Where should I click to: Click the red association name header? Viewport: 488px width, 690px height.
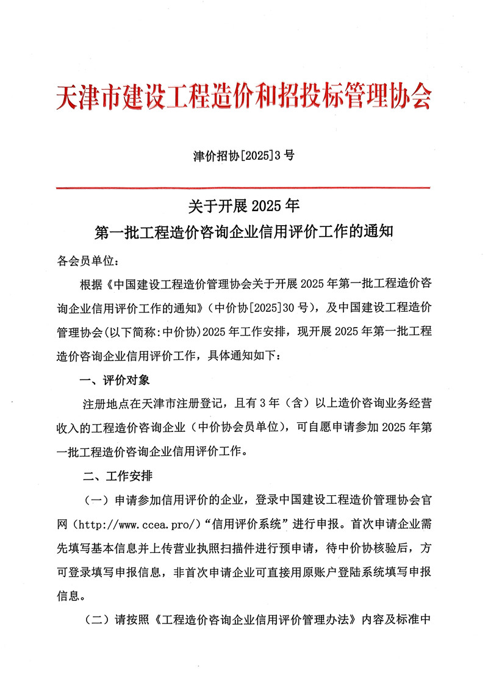coord(243,96)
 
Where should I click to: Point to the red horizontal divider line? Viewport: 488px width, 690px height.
coord(243,188)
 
